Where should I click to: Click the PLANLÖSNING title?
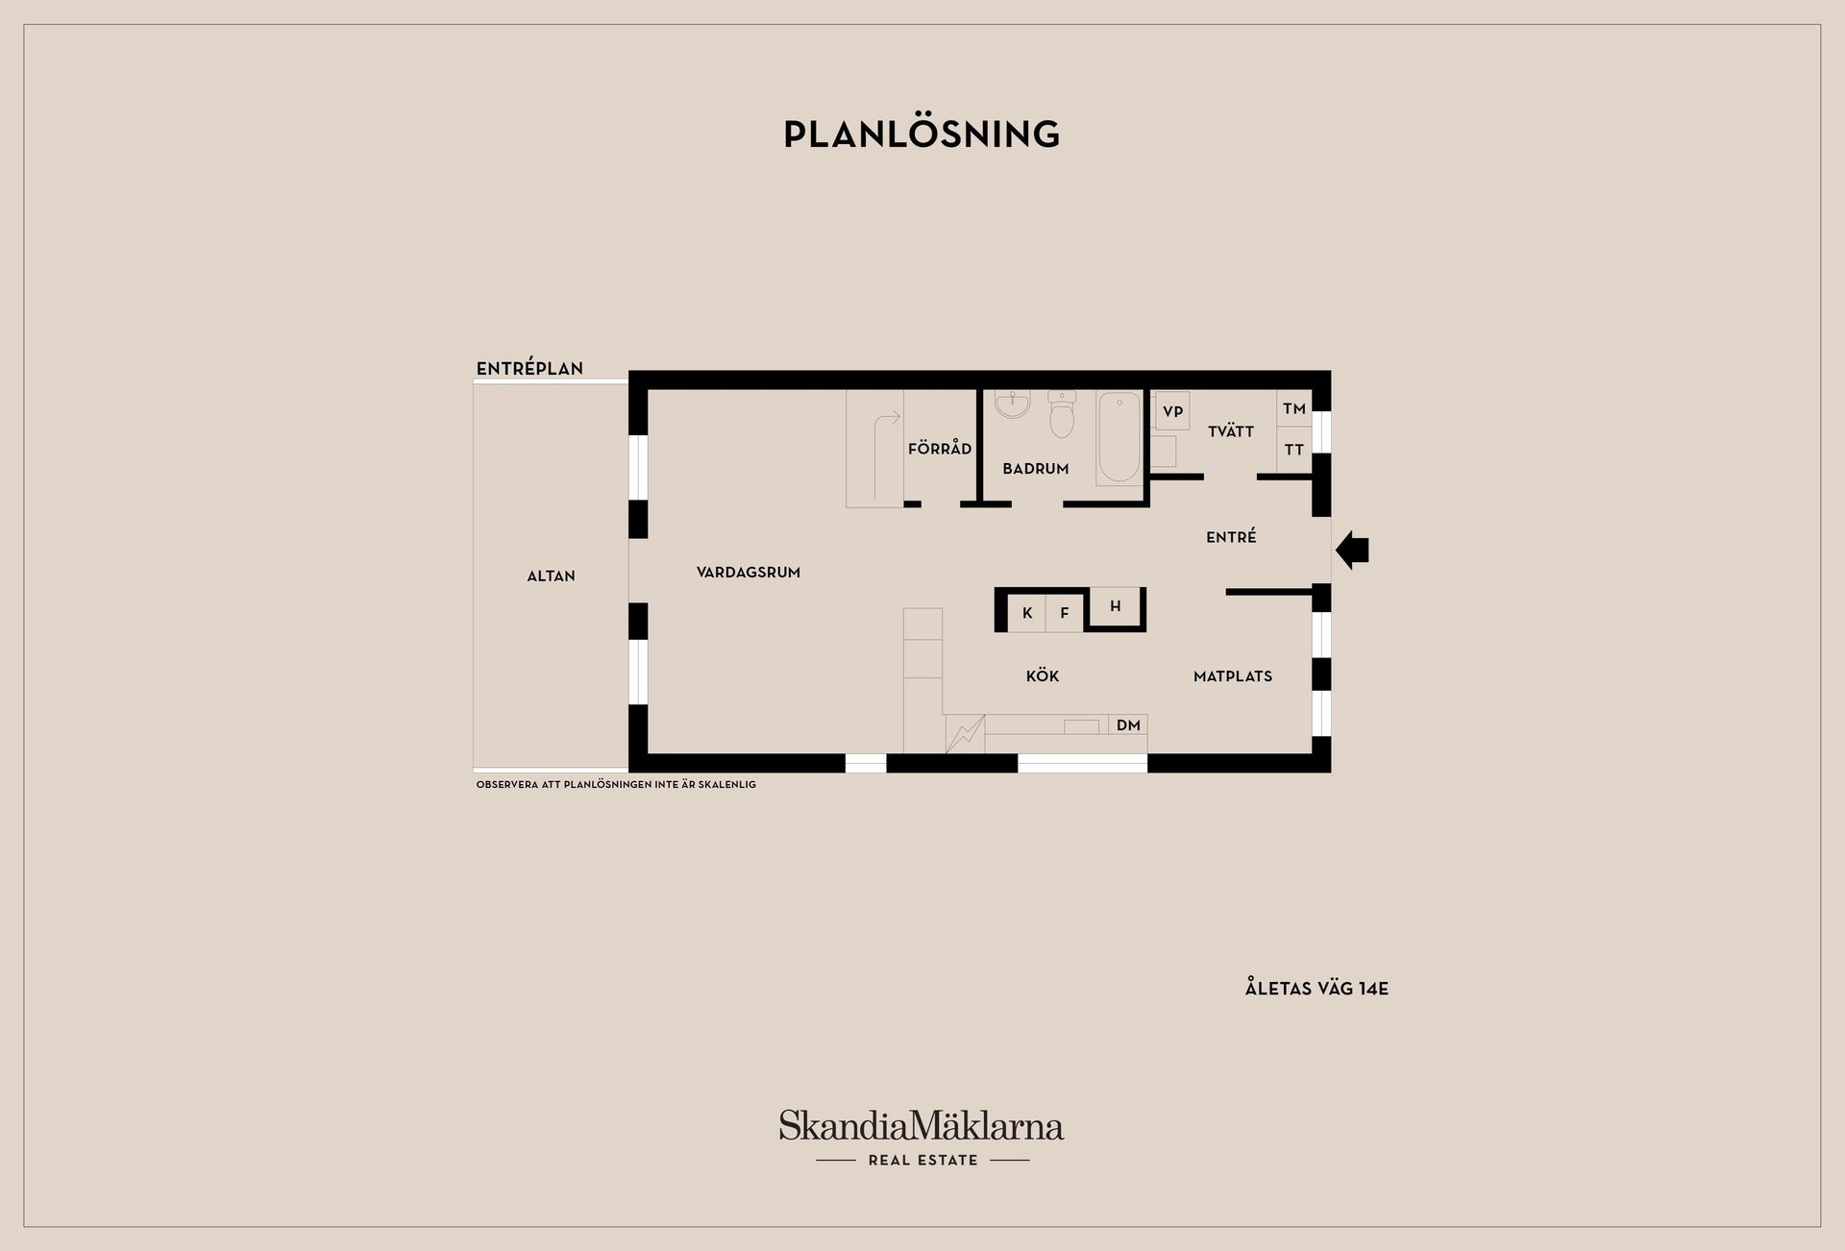(922, 135)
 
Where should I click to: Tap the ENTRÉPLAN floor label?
(529, 369)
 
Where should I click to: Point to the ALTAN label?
(551, 576)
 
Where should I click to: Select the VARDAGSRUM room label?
(749, 573)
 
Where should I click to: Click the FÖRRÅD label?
(940, 449)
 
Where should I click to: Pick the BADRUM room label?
(1035, 469)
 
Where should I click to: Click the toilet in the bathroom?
(1062, 416)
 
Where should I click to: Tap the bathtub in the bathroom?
(1119, 437)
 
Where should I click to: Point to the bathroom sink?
(1012, 405)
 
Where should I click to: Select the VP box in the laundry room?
(1172, 411)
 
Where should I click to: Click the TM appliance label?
(1294, 409)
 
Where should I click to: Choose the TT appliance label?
(1294, 450)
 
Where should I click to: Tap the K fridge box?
(1027, 613)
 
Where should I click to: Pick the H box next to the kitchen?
(1115, 606)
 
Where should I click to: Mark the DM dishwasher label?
(1128, 725)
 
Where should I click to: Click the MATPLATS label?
(1232, 676)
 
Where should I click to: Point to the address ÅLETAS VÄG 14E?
(1316, 989)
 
